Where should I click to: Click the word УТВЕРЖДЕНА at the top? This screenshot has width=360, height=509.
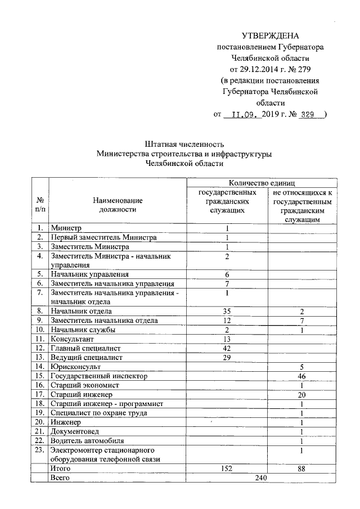pos(269,36)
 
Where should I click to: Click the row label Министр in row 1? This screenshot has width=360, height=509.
pos(66,228)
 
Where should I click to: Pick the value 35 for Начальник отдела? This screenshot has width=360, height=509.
pos(227,311)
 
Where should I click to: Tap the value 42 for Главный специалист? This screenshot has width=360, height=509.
pos(227,348)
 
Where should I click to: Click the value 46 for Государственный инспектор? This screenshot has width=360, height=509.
pos(302,375)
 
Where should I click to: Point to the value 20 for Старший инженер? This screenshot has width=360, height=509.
pos(302,394)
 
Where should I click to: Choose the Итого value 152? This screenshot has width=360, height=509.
pos(227,467)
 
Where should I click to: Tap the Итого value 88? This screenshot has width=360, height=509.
pos(302,467)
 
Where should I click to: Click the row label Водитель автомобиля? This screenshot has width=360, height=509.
pos(87,440)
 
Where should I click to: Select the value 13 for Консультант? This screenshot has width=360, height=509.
pos(227,339)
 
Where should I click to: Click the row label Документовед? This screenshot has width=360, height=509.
pos(74,431)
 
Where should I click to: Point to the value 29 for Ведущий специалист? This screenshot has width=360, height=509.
pos(227,357)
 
